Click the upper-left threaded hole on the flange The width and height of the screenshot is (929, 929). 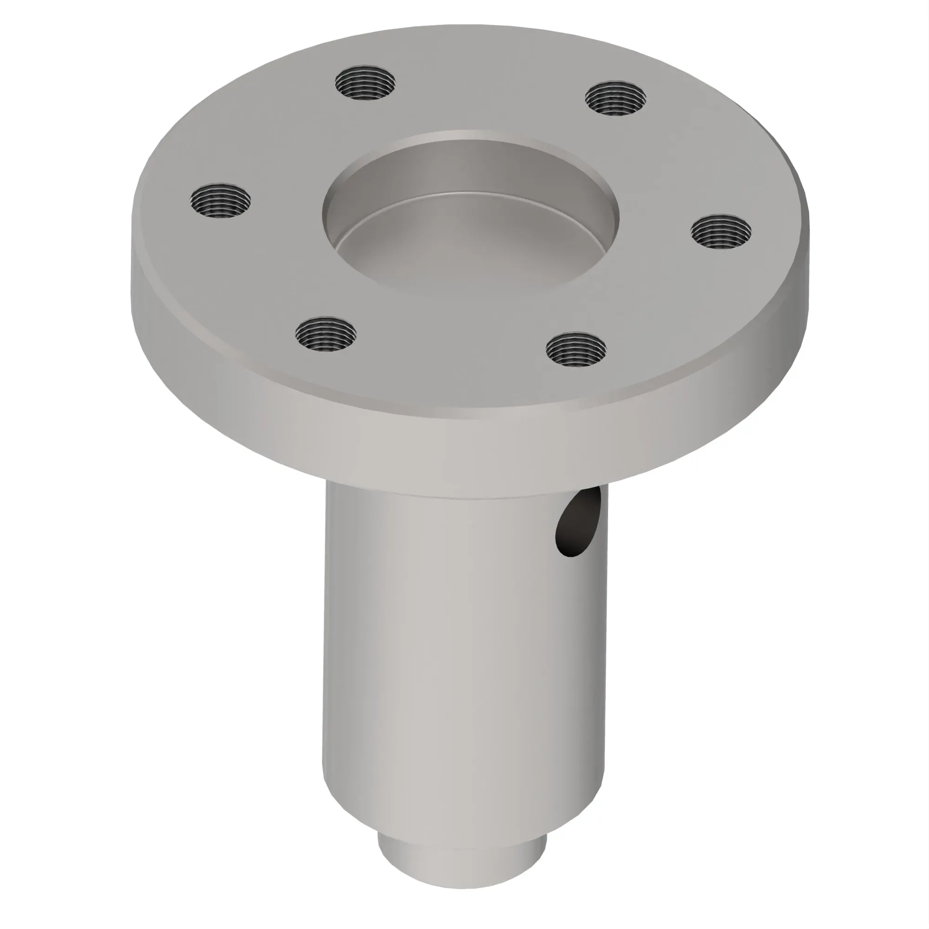(366, 84)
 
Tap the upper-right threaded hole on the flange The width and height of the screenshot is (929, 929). (615, 98)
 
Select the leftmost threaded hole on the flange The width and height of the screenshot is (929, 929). (221, 200)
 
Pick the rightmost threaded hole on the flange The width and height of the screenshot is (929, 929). (721, 232)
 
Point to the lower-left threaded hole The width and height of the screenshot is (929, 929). (326, 334)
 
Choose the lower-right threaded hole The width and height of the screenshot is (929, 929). (576, 349)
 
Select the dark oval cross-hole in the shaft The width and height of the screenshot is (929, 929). (578, 527)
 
